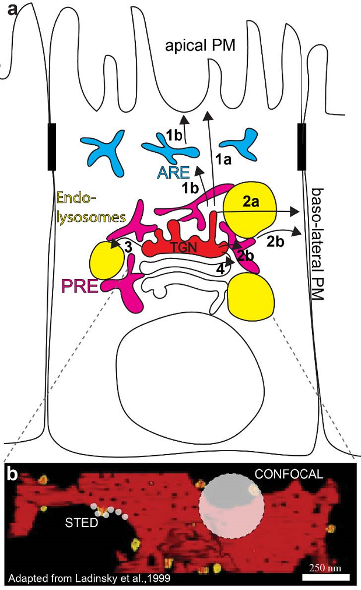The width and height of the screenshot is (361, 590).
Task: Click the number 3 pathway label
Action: click(x=128, y=247)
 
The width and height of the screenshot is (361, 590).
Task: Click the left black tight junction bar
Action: click(x=51, y=146)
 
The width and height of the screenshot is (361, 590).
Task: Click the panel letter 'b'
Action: click(x=12, y=474)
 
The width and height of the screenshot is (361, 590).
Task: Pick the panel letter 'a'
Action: click(x=11, y=9)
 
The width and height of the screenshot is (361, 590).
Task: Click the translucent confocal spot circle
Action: click(x=231, y=507)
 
